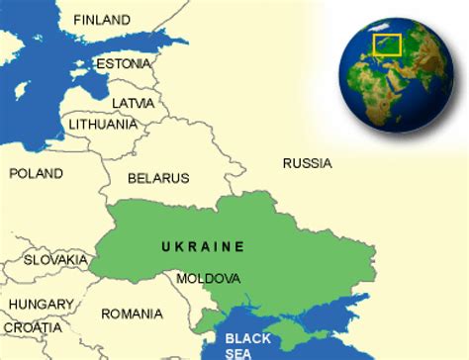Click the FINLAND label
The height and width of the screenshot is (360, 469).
coord(102,20)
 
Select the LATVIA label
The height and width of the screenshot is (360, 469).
coord(133,102)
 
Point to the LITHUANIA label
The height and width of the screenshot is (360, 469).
coord(102,125)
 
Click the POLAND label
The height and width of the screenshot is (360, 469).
coord(36,173)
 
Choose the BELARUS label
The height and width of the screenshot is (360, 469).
coord(158,178)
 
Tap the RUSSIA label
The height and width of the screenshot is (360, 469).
coord(307,163)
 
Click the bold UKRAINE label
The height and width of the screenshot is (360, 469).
coord(203,246)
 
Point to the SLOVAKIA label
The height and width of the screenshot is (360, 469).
coord(56,259)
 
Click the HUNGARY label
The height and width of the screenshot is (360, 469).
coord(42,304)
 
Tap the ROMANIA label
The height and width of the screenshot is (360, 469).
coord(132,314)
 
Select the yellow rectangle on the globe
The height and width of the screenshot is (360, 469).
coord(386,45)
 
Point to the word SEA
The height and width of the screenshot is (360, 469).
coord(238,351)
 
